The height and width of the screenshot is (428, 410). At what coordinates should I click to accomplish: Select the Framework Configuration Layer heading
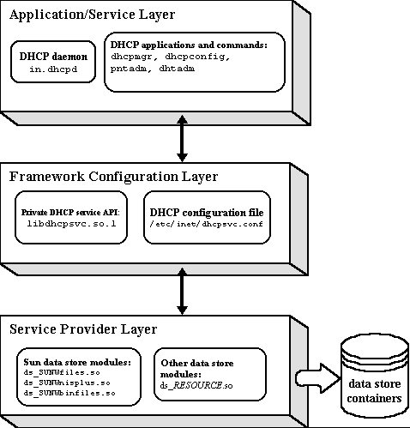pos(113,177)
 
